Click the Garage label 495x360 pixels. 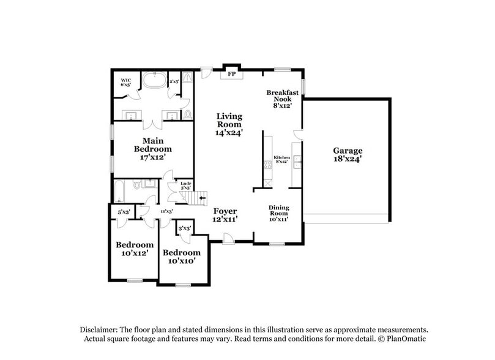[348, 154]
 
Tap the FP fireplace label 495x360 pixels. [231, 75]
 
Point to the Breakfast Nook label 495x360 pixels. [282, 99]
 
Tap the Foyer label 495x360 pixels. [225, 214]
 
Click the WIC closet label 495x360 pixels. [126, 82]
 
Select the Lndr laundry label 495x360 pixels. [185, 184]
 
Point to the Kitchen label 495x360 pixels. [280, 158]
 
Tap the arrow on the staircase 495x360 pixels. [202, 198]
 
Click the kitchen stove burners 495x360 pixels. [266, 164]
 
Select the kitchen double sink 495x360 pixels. [297, 161]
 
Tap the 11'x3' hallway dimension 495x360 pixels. [165, 211]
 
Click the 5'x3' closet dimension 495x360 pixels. [123, 212]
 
